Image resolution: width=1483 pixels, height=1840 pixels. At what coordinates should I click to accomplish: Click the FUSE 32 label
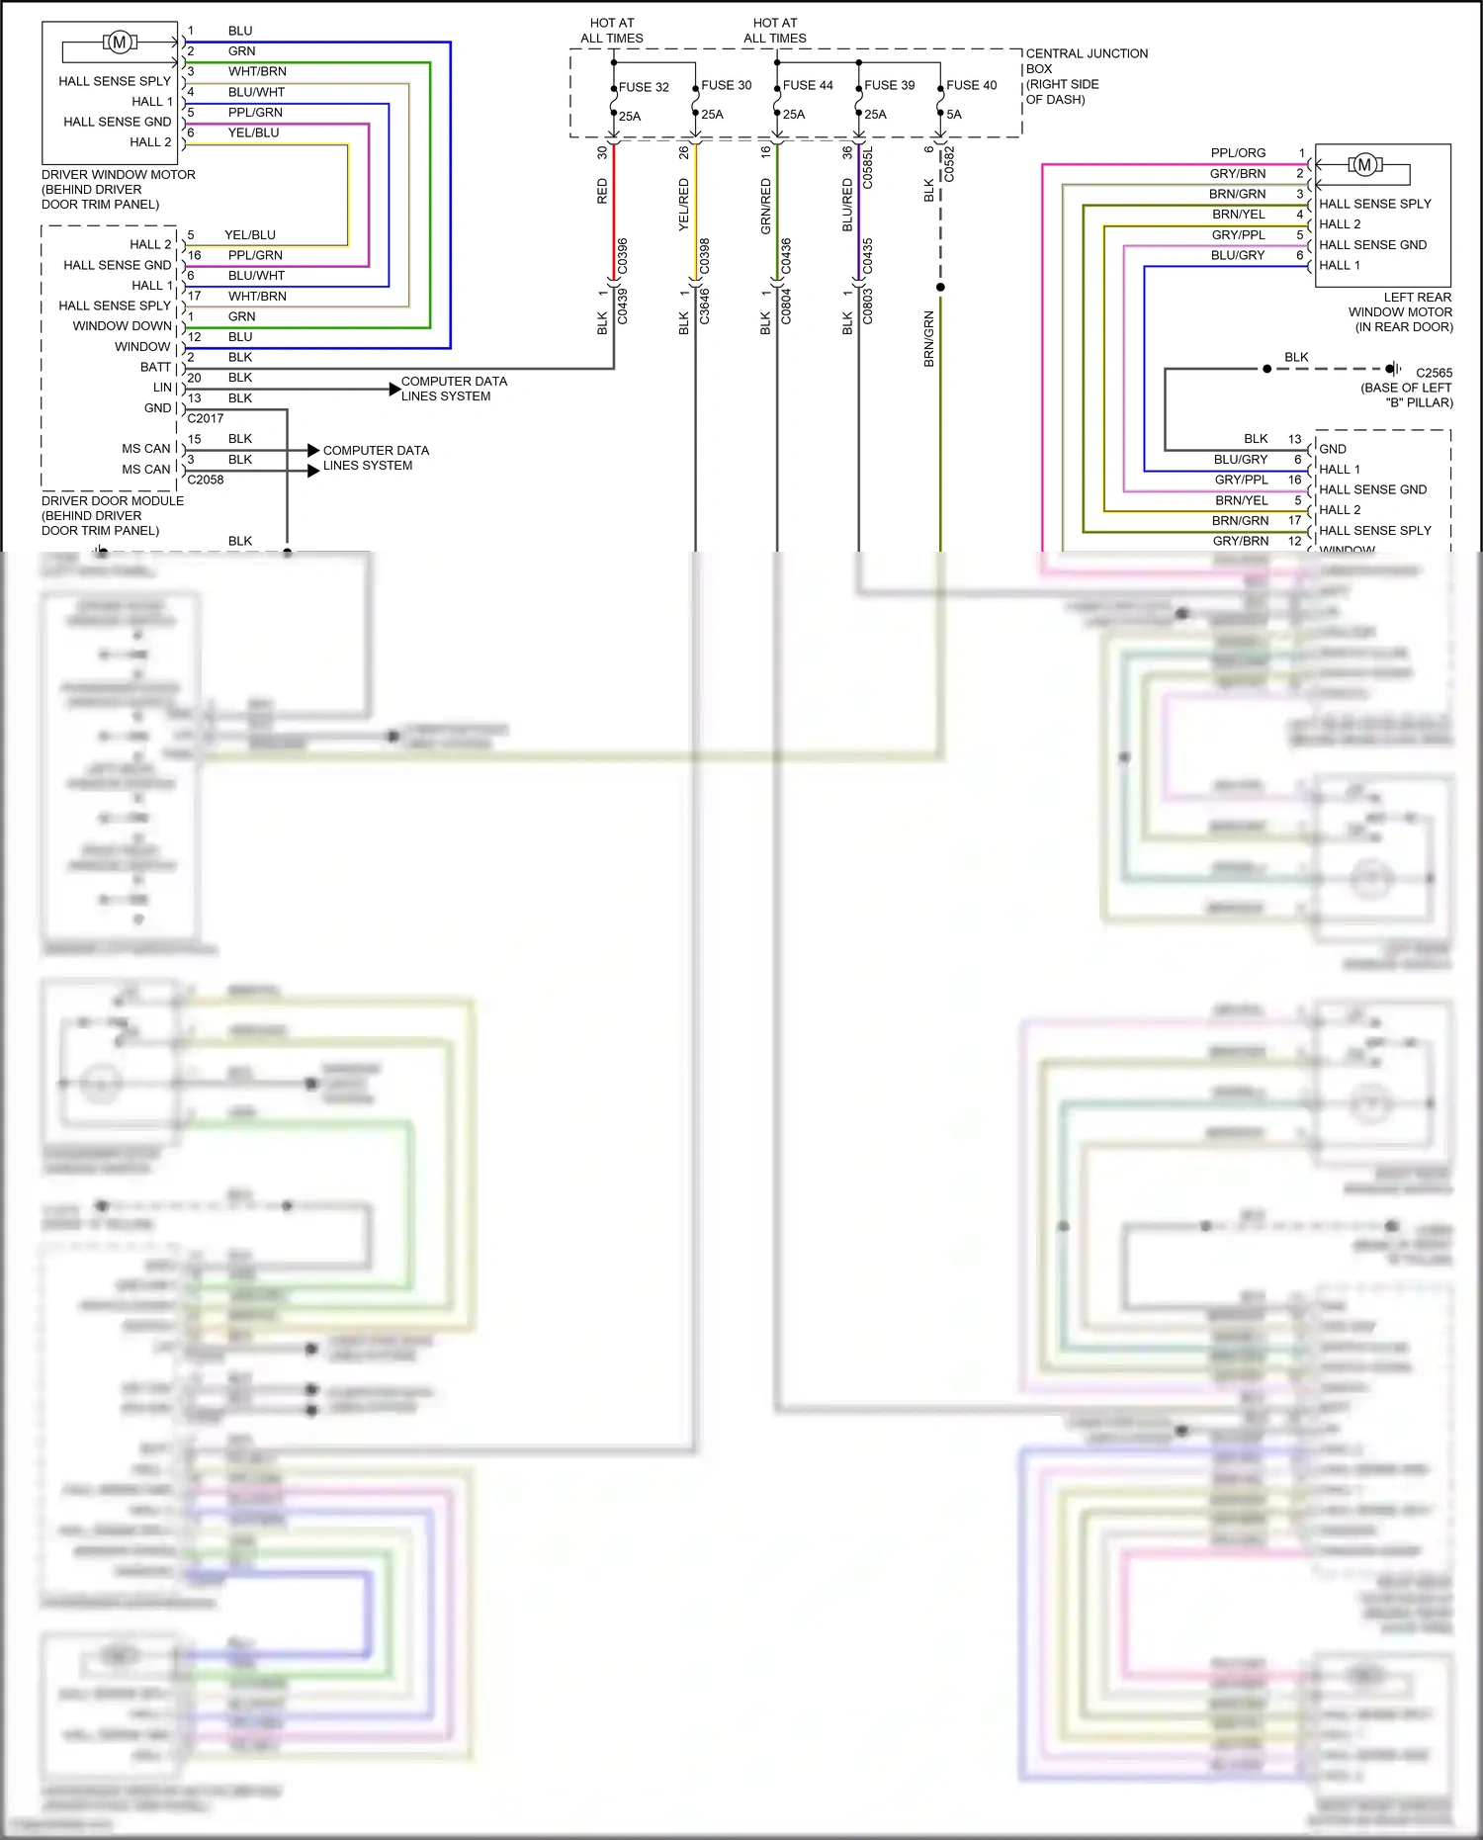(644, 87)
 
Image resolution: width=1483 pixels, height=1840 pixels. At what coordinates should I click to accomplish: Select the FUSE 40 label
(971, 85)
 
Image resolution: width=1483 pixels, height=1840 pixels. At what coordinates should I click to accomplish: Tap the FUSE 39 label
(889, 85)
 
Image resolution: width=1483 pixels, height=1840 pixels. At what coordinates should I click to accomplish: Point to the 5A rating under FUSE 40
(953, 115)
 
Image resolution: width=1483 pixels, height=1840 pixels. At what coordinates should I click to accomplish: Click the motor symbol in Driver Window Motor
(120, 42)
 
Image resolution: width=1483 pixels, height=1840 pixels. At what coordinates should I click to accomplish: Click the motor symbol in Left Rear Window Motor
(1364, 165)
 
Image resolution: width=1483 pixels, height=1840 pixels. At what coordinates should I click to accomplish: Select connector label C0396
(623, 256)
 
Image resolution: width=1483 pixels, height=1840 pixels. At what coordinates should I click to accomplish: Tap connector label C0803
(868, 306)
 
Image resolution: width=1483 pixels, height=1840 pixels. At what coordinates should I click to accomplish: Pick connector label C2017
(206, 418)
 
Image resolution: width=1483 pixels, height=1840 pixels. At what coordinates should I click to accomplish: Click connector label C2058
(206, 480)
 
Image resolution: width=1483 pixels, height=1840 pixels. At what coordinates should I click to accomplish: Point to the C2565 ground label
(1434, 373)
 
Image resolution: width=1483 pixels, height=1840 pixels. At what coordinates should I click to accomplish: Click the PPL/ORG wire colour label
(1238, 153)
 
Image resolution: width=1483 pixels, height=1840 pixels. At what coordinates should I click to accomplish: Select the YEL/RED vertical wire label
(684, 205)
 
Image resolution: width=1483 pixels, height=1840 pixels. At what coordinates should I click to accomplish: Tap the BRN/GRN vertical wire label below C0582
(929, 339)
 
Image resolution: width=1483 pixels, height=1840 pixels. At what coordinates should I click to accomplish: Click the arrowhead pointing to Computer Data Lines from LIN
(394, 389)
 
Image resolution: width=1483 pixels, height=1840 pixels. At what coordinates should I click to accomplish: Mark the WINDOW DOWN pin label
(122, 326)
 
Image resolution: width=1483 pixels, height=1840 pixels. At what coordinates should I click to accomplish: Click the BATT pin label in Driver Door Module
(155, 367)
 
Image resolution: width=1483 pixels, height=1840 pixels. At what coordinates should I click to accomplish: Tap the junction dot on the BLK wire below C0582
(940, 287)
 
